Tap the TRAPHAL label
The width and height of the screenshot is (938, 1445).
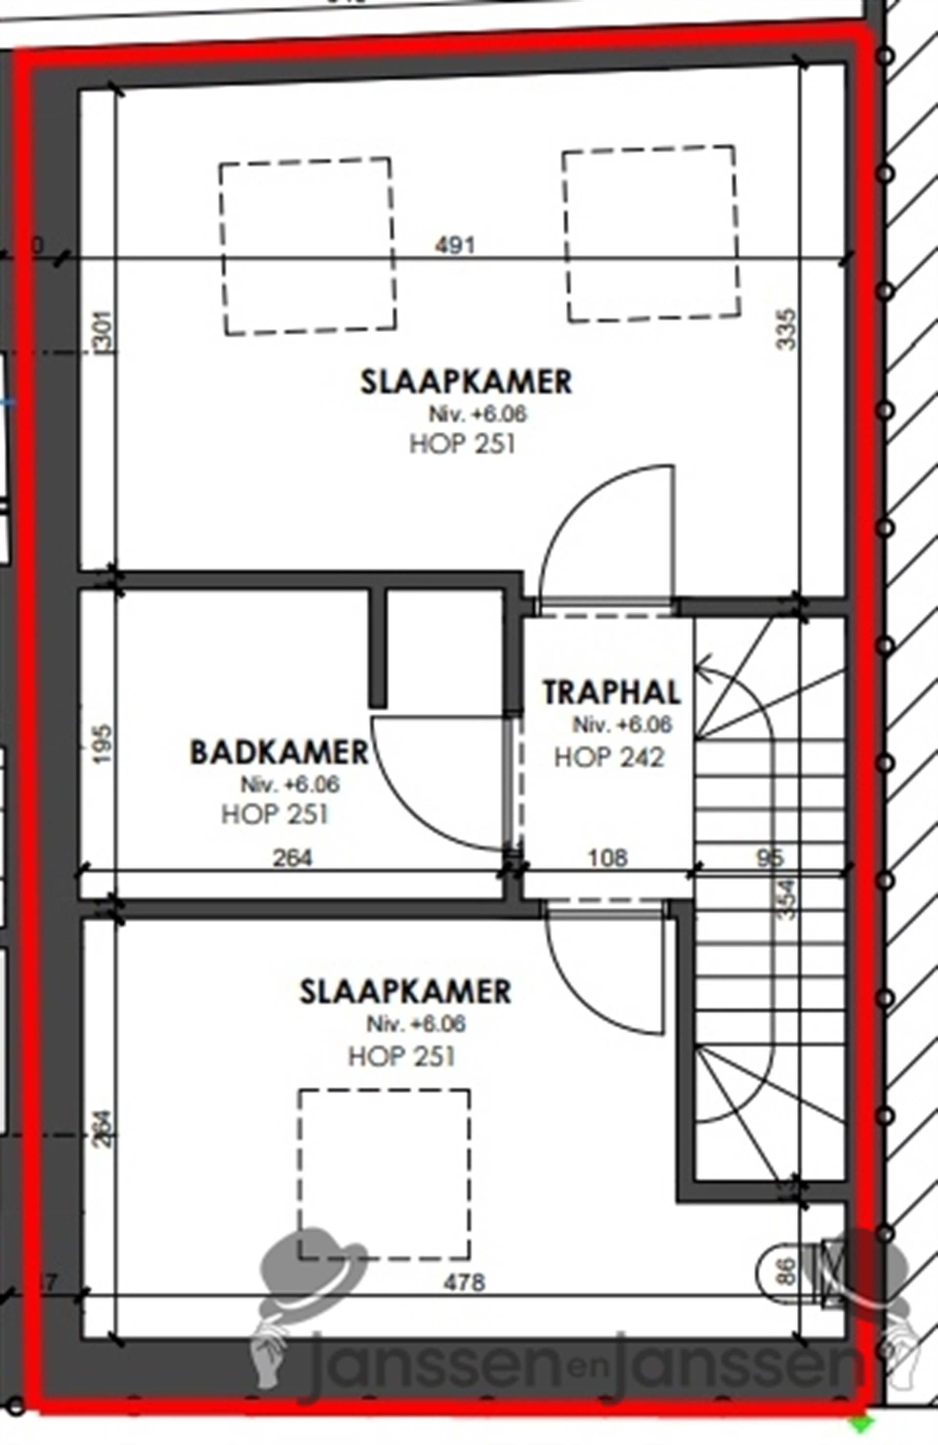(611, 693)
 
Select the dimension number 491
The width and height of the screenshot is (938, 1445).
(455, 246)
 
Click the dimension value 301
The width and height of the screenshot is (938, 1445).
(105, 330)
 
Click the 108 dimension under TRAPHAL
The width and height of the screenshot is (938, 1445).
(608, 858)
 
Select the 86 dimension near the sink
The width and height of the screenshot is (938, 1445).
(786, 1271)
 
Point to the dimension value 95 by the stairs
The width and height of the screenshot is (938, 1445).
(770, 858)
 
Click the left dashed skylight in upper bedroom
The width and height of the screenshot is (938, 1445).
(308, 246)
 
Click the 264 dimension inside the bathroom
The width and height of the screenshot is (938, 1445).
(292, 858)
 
